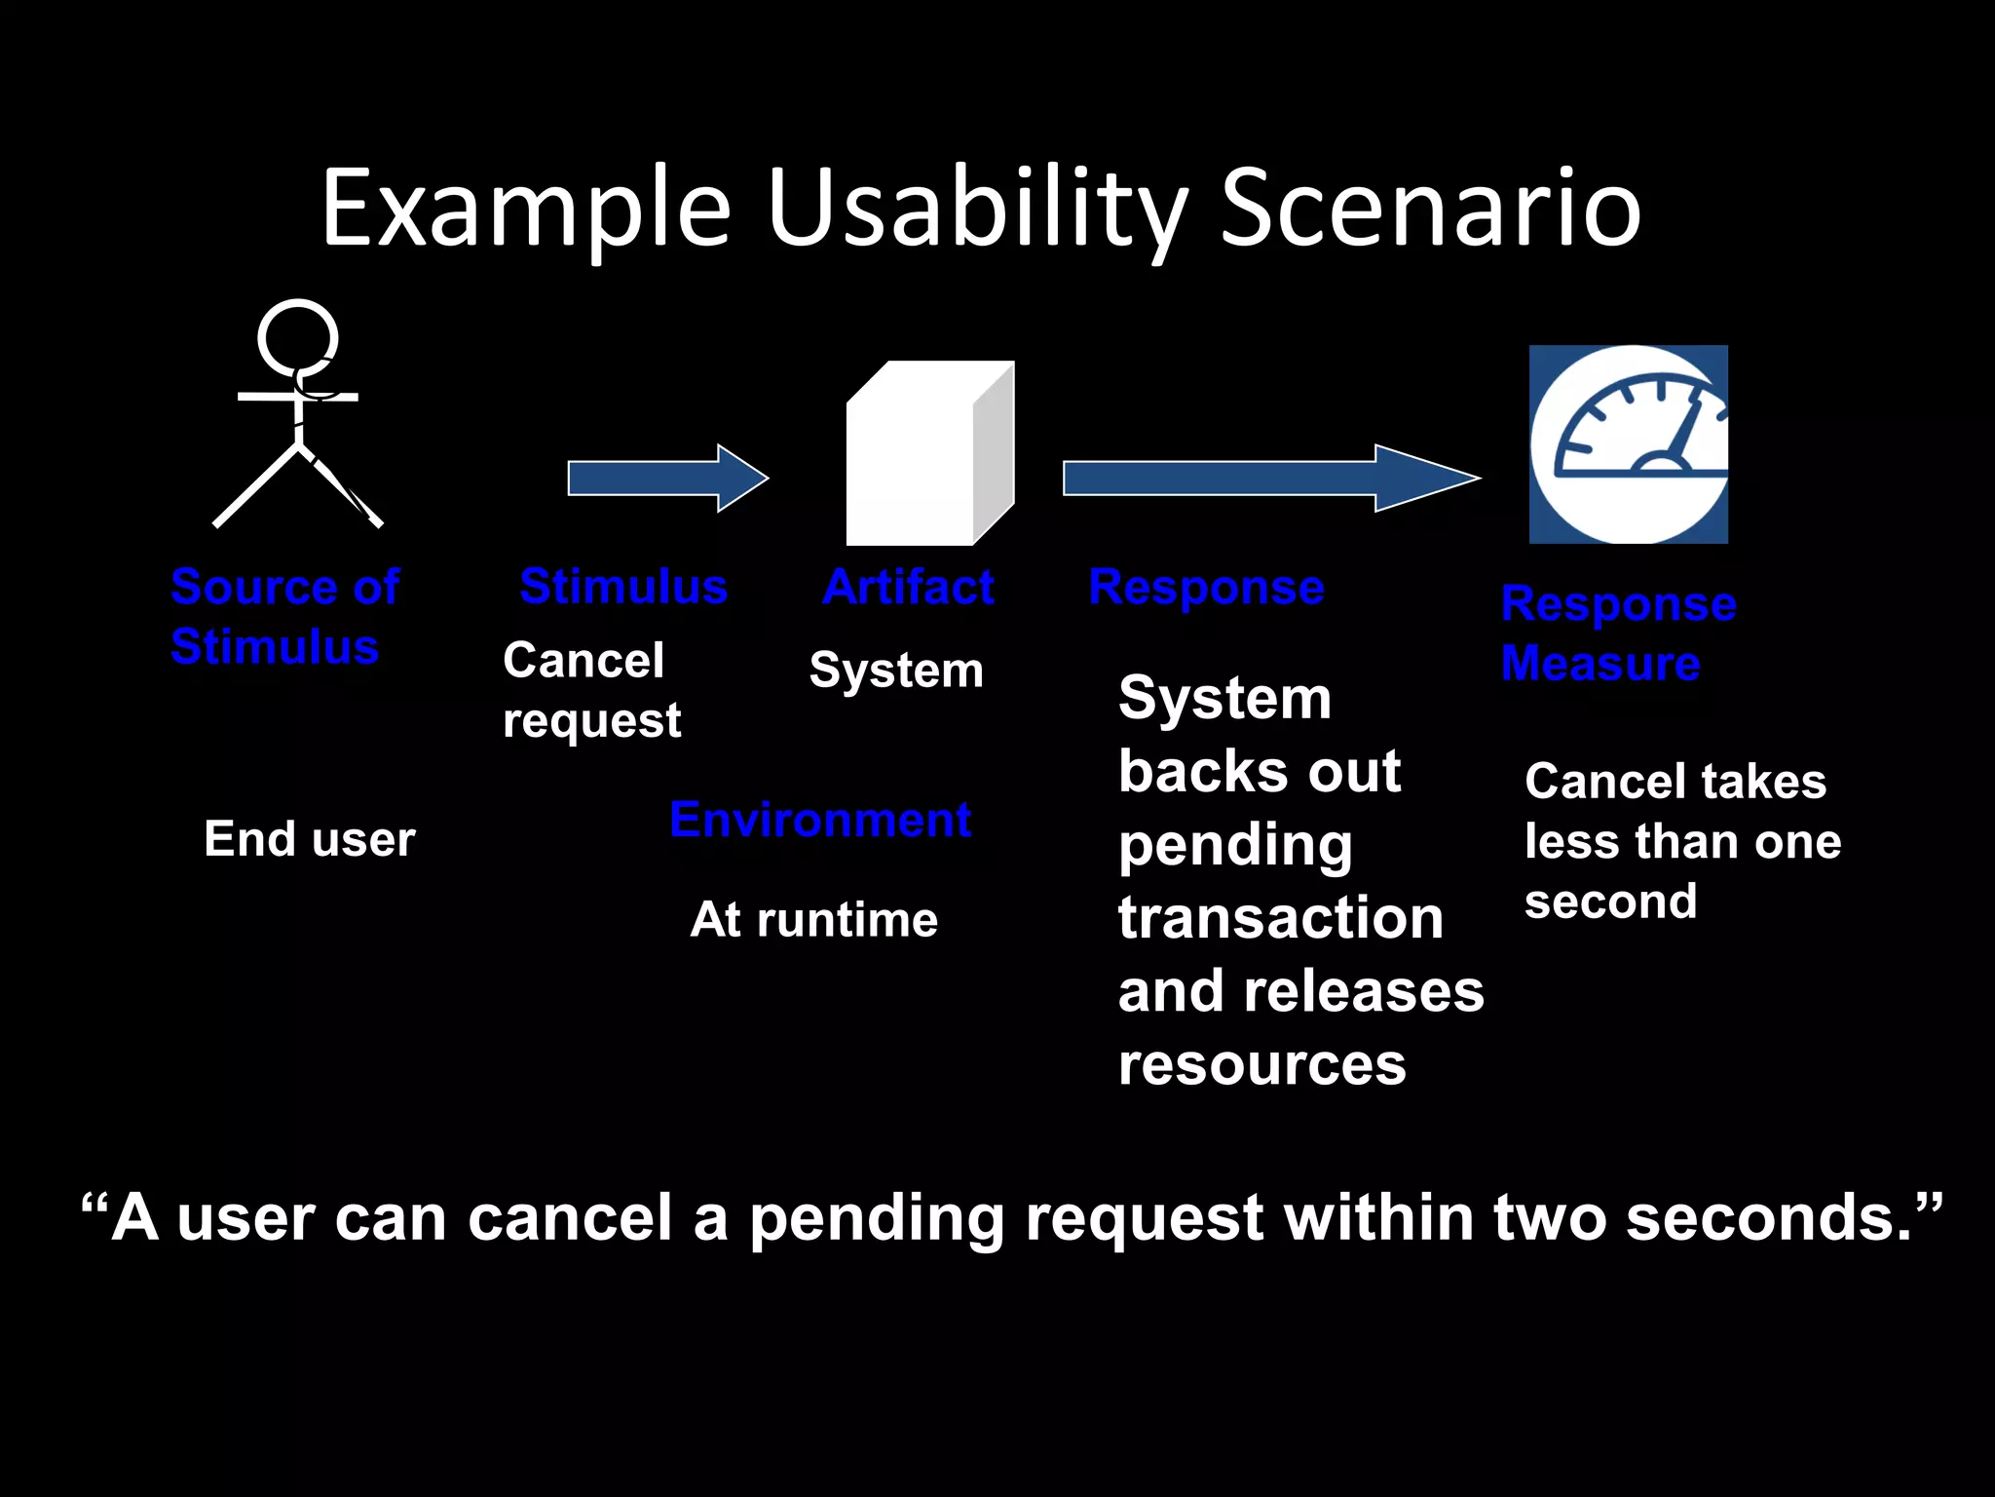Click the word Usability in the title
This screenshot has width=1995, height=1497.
[977, 210]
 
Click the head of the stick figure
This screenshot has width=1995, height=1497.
[298, 338]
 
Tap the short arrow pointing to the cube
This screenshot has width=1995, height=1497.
[668, 479]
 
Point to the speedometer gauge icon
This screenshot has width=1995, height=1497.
[1628, 444]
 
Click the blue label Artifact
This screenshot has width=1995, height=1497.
[908, 587]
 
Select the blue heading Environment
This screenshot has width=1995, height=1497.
[820, 820]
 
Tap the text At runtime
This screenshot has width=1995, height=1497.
[813, 919]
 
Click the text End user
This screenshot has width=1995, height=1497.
[310, 839]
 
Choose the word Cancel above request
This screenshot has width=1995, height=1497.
[583, 661]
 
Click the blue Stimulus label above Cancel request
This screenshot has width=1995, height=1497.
[623, 587]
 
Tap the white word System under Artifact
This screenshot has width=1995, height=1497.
[896, 671]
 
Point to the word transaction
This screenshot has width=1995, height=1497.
[1280, 918]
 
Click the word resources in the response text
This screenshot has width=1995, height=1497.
[1261, 1064]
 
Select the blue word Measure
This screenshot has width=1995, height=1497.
[1600, 664]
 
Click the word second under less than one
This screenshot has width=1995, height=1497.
[1610, 902]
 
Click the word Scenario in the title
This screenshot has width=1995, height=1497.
[1430, 210]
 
